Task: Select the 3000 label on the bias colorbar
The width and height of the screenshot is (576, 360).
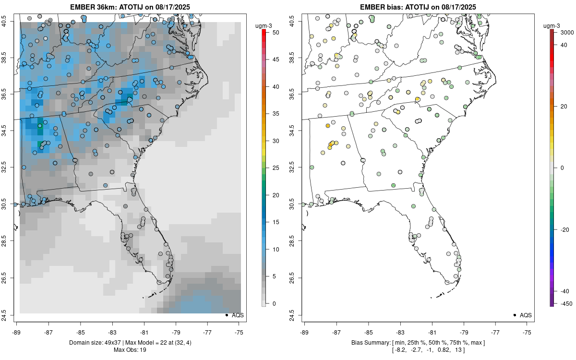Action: pyautogui.click(x=564, y=32)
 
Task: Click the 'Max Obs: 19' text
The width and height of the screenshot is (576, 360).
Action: pyautogui.click(x=130, y=349)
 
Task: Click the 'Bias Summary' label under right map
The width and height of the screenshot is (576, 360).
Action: pyautogui.click(x=370, y=342)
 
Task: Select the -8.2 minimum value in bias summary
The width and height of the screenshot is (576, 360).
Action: pyautogui.click(x=399, y=349)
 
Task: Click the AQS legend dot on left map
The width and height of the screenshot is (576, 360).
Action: pyautogui.click(x=227, y=315)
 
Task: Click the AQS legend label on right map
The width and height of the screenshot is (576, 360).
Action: pyautogui.click(x=526, y=315)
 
